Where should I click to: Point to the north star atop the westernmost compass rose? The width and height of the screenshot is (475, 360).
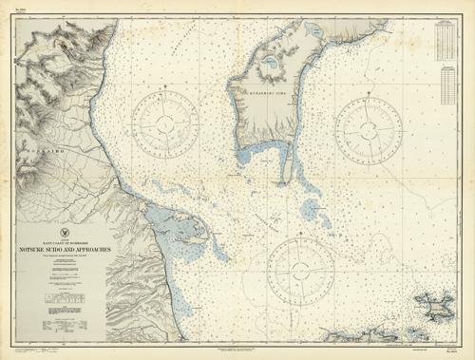[165, 85]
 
